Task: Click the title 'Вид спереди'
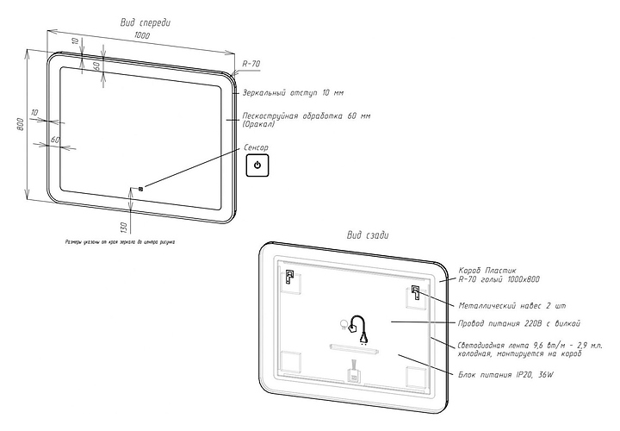click(x=145, y=22)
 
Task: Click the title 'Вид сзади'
click(x=368, y=234)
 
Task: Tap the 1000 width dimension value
click(x=142, y=36)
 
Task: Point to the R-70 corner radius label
click(x=251, y=64)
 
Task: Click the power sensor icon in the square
click(x=258, y=165)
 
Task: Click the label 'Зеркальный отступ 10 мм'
click(x=293, y=92)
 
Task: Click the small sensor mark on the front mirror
click(x=139, y=187)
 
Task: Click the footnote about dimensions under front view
click(x=121, y=242)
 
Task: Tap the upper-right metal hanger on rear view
click(x=416, y=291)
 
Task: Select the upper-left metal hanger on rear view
click(x=289, y=277)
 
